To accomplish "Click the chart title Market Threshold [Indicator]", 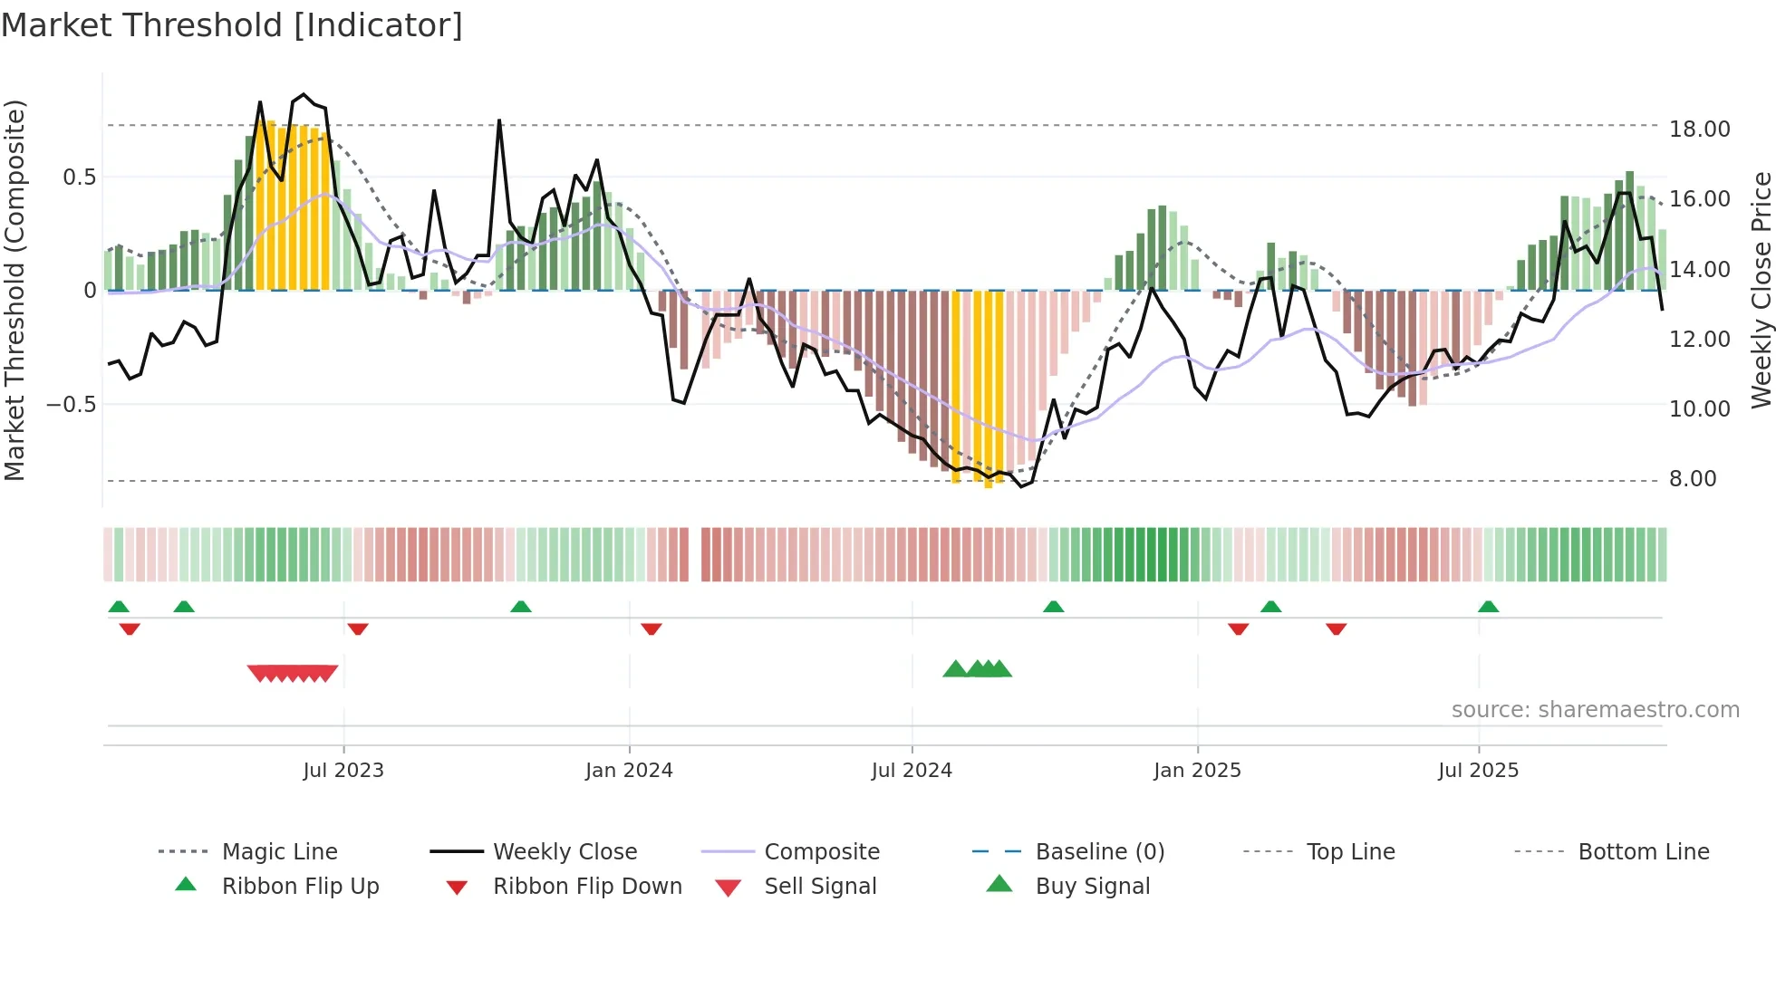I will pyautogui.click(x=232, y=25).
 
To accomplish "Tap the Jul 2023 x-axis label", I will pyautogui.click(x=343, y=771).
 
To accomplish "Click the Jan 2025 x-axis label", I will pyautogui.click(x=1197, y=771).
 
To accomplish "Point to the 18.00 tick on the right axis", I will pyautogui.click(x=1699, y=130).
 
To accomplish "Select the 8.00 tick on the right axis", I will pyautogui.click(x=1693, y=479).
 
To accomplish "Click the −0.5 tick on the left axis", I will pyautogui.click(x=72, y=404).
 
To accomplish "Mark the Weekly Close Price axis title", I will pyautogui.click(x=1761, y=290).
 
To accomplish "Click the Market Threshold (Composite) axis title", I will pyautogui.click(x=14, y=290).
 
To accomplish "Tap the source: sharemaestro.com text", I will pyautogui.click(x=1595, y=710).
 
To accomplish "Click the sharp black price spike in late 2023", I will pyautogui.click(x=499, y=122).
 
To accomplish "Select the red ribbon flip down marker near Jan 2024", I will pyautogui.click(x=652, y=629).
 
